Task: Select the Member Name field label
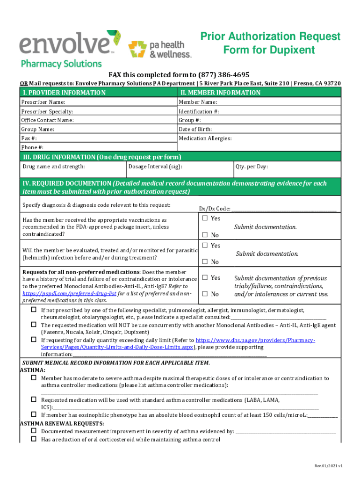click(x=198, y=102)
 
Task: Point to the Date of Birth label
click(x=195, y=129)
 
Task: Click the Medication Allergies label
click(x=205, y=138)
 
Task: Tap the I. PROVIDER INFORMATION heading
click(x=64, y=93)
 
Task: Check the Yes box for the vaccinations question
click(x=204, y=218)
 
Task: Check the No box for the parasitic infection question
click(x=204, y=261)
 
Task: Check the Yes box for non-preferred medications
click(x=204, y=278)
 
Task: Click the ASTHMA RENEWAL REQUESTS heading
click(x=62, y=423)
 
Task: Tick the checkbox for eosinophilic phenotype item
click(x=34, y=414)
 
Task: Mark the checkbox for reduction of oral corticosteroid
click(x=34, y=439)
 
